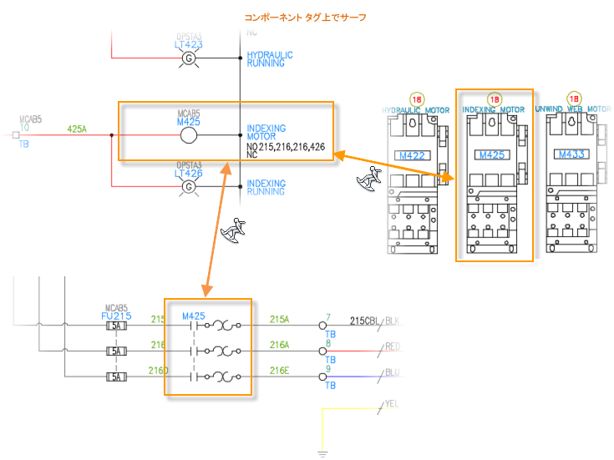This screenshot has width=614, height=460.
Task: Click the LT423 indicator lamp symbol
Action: pos(189,58)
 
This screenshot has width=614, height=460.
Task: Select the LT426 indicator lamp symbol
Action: pos(189,187)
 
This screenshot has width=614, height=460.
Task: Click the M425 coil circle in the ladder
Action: pos(189,136)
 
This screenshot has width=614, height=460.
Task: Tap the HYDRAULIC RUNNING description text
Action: pos(271,58)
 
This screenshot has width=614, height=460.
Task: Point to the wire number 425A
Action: pos(77,129)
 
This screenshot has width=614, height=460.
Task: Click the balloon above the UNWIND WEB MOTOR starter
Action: pos(574,99)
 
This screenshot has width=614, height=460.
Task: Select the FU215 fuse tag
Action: pos(115,317)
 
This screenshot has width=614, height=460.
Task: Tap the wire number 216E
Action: pos(279,369)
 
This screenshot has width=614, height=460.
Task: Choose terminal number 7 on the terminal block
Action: pos(329,317)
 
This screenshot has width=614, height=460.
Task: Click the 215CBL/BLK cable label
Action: pos(375,320)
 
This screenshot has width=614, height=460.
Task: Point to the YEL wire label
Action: pos(392,404)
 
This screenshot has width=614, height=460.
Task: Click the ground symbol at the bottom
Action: pos(322,453)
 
